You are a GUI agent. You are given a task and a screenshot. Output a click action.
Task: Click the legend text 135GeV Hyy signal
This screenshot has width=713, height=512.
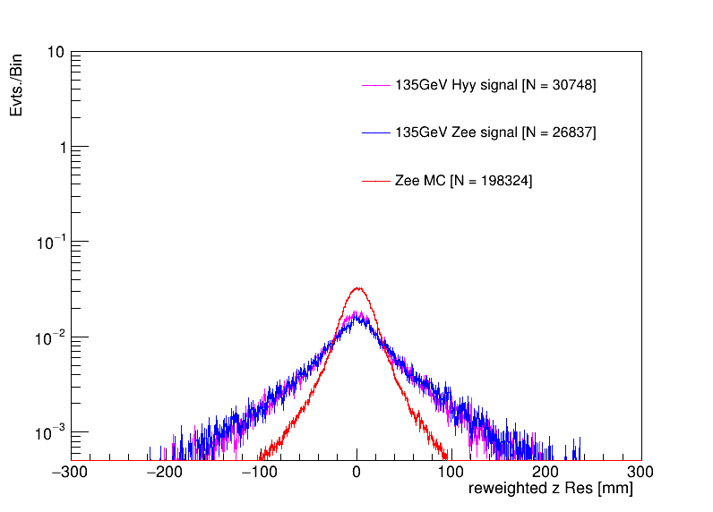(495, 85)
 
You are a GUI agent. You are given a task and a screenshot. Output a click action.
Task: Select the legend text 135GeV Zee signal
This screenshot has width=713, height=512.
(495, 132)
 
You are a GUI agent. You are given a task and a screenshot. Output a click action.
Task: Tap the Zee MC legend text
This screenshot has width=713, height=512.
(463, 181)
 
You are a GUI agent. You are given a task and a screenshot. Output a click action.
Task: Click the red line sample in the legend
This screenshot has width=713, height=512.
(376, 181)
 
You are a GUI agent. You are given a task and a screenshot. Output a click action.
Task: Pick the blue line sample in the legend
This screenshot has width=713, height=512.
(376, 132)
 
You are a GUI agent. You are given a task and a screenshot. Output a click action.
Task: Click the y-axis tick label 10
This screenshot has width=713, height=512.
(55, 53)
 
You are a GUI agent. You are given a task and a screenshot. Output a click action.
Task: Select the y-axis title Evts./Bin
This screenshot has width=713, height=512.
(17, 85)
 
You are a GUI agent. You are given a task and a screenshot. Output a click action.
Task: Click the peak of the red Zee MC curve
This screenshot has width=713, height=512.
(357, 288)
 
